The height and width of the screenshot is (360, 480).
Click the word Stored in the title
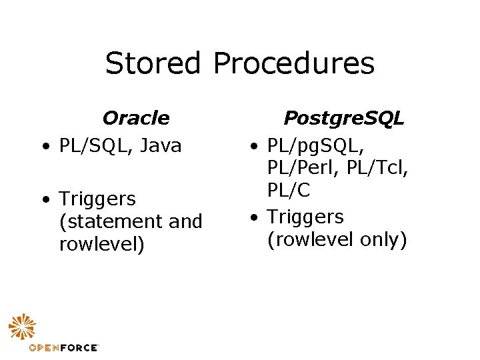(x=153, y=63)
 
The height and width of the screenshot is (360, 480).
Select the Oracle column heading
(x=136, y=118)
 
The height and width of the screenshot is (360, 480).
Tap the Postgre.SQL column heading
(x=344, y=118)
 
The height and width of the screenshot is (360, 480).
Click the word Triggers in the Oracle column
(x=97, y=199)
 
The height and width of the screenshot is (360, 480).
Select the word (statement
(x=111, y=221)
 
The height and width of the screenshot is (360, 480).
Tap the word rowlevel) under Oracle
(x=101, y=244)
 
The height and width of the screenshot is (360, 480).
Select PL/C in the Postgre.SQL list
(x=289, y=190)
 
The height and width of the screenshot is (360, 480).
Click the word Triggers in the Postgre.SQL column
(x=305, y=217)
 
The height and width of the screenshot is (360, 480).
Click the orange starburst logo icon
(x=23, y=327)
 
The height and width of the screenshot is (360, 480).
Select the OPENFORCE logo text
(x=64, y=347)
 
